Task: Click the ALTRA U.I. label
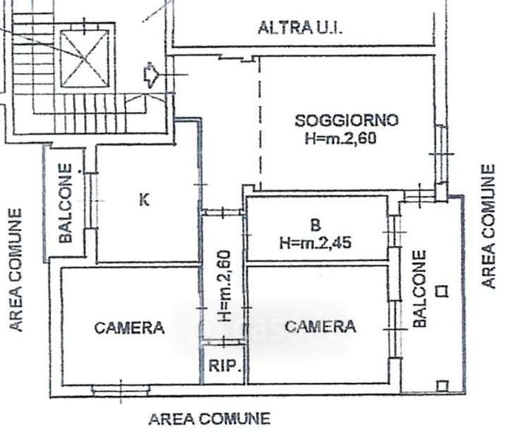pyautogui.click(x=301, y=28)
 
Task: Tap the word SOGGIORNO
pyautogui.click(x=346, y=120)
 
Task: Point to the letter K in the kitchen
pyautogui.click(x=145, y=199)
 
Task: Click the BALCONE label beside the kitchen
pyautogui.click(x=66, y=204)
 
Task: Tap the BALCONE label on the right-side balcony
pyautogui.click(x=419, y=289)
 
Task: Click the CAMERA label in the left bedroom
pyautogui.click(x=129, y=328)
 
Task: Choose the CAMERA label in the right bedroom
pyautogui.click(x=320, y=326)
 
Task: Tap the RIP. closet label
pyautogui.click(x=223, y=366)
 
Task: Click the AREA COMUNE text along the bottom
pyautogui.click(x=209, y=419)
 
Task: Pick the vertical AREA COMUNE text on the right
pyautogui.click(x=488, y=226)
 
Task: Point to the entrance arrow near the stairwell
pyautogui.click(x=150, y=75)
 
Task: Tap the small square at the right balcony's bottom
pyautogui.click(x=442, y=385)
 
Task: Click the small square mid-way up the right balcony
pyautogui.click(x=441, y=290)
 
